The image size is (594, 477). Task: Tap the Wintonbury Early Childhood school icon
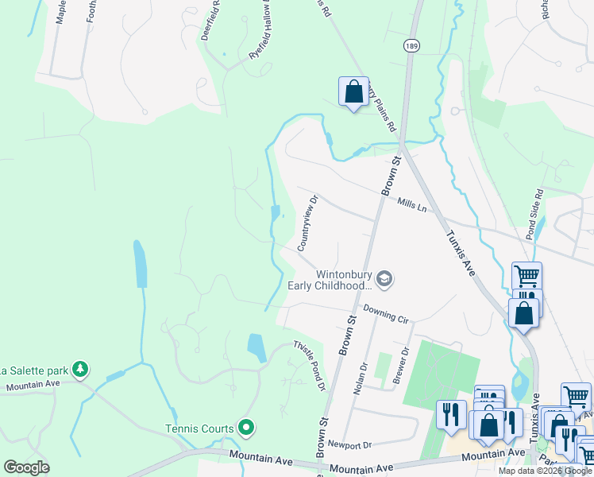tap(384, 278)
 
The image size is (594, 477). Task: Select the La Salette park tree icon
tap(79, 369)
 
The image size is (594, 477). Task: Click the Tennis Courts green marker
tap(246, 429)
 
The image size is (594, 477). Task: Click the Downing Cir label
tap(385, 313)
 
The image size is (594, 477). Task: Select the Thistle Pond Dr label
tap(310, 365)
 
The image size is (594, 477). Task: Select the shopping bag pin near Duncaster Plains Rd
tap(353, 92)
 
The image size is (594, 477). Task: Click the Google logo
tap(26, 467)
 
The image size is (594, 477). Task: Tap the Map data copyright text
tap(545, 471)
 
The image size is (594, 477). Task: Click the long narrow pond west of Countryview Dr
tap(141, 264)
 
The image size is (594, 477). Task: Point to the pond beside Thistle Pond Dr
tap(256, 347)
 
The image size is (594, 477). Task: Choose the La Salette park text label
tap(32, 370)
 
